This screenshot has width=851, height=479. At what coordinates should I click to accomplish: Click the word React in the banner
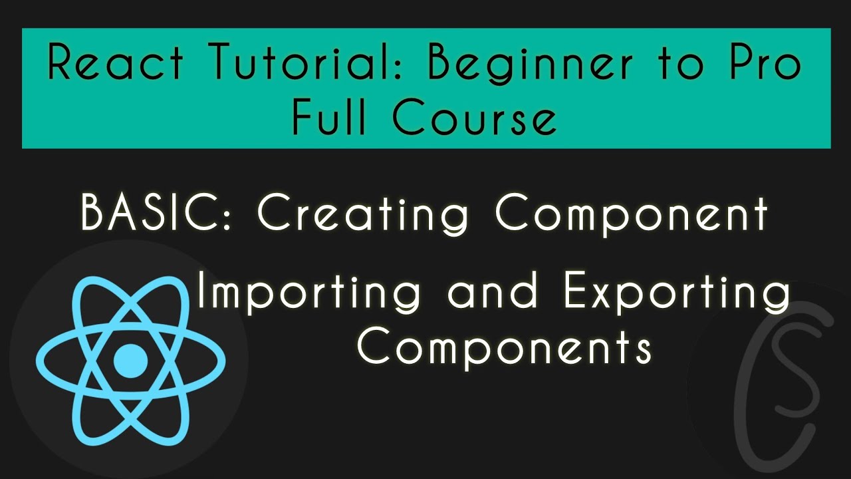click(115, 64)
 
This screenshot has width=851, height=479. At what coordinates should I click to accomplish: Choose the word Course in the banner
click(474, 118)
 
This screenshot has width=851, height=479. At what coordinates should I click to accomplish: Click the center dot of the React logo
click(130, 361)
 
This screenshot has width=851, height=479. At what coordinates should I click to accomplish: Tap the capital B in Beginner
click(440, 64)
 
